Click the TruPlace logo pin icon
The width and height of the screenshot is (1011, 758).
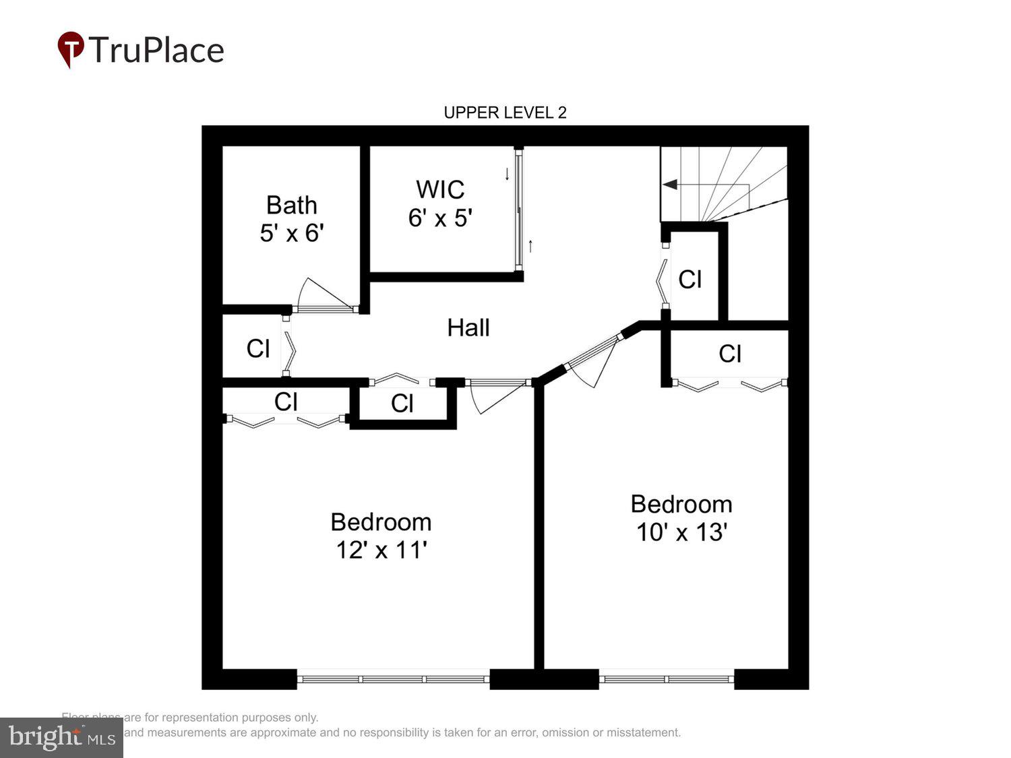point(70,49)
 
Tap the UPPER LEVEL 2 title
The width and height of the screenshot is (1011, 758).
point(505,113)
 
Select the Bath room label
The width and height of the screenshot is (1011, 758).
point(291,205)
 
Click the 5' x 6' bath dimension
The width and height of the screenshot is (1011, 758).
point(291,233)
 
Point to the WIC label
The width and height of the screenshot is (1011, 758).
point(440,189)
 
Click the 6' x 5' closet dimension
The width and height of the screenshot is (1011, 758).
point(440,218)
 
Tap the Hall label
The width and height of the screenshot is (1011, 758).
point(468,328)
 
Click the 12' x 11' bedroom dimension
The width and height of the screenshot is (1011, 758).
point(381,550)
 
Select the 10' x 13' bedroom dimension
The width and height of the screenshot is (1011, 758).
point(681,532)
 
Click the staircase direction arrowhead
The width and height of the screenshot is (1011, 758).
point(669,185)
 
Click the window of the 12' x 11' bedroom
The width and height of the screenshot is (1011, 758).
point(393,678)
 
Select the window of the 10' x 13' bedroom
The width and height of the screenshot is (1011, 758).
point(666,678)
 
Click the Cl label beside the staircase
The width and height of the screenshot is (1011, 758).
point(690,280)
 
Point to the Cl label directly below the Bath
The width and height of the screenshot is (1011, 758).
point(258,349)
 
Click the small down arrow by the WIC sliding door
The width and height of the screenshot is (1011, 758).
point(508,174)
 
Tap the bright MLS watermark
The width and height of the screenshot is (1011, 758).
point(61,737)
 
